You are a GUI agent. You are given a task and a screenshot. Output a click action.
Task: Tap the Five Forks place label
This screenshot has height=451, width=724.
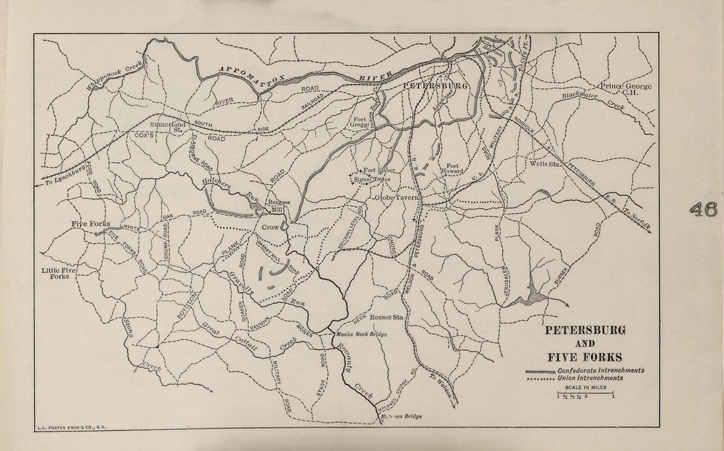91,224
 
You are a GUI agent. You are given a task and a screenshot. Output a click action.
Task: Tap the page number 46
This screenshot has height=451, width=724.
703,209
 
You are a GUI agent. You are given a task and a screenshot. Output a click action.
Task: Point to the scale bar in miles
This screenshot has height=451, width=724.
585,394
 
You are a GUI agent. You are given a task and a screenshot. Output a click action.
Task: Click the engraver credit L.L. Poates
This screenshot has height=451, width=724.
70,427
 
